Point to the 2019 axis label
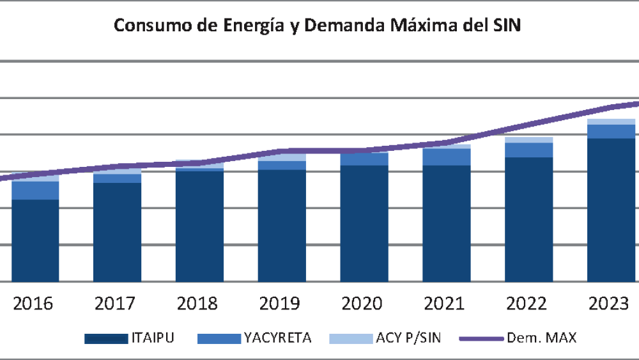tap(282, 303)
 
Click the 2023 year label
tap(611, 303)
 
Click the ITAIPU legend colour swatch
tap(107, 338)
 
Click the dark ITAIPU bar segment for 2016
tap(35, 240)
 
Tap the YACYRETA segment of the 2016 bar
tap(35, 190)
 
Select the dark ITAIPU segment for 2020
tap(364, 223)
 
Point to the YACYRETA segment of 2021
tap(447, 157)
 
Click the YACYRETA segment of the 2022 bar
tap(528, 150)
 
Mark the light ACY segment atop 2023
tap(611, 121)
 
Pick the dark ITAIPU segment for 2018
tap(199, 226)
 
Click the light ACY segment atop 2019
tap(282, 157)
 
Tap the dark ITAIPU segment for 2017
tap(118, 231)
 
